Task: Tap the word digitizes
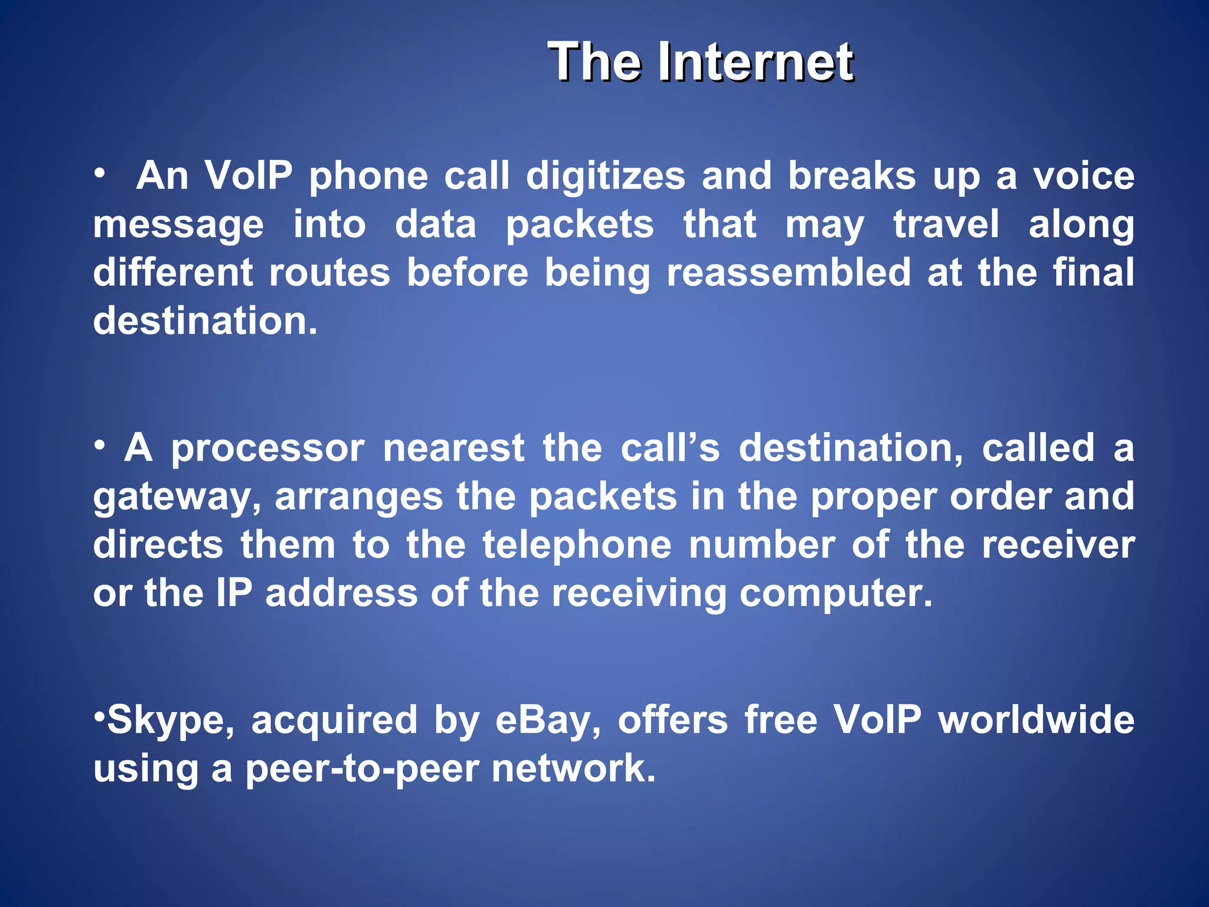pos(606,176)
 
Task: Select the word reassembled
pos(789,272)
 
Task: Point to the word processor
pos(268,448)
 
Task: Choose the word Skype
pos(171,720)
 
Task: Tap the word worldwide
pos(1036,719)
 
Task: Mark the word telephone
pos(577,544)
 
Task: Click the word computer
pos(836,593)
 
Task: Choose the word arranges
pos(358,497)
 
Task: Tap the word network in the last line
pos(573,769)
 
